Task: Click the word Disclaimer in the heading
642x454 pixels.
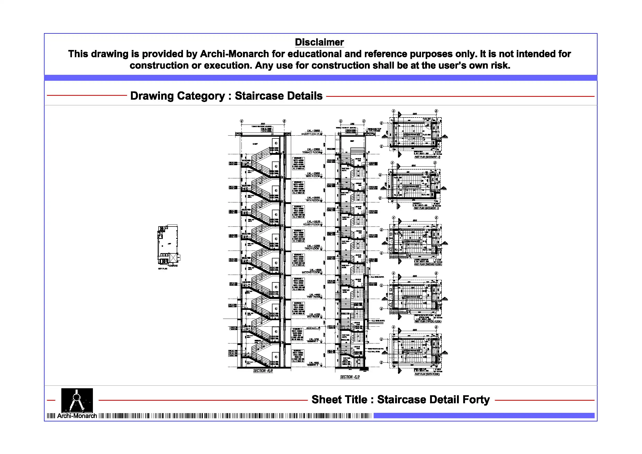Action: tap(319, 42)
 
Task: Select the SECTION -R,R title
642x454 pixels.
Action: tap(263, 371)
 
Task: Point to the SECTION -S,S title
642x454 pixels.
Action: tap(350, 377)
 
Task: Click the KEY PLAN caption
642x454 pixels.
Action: tap(163, 269)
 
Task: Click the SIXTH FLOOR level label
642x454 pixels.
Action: tap(313, 177)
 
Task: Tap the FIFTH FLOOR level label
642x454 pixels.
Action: tap(313, 201)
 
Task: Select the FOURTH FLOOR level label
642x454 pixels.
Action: tap(311, 225)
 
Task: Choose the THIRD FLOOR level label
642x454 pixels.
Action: tap(312, 249)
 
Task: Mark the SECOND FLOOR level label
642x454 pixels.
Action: tap(310, 273)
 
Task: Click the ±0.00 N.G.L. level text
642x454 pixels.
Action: tap(312, 328)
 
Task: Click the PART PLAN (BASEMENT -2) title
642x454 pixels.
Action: tap(427, 157)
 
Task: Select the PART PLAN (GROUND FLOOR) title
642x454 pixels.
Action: tap(428, 264)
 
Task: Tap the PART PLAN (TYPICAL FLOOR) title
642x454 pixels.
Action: tap(428, 322)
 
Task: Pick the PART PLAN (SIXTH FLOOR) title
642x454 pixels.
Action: tap(427, 374)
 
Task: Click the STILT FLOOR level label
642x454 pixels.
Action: tap(313, 317)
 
